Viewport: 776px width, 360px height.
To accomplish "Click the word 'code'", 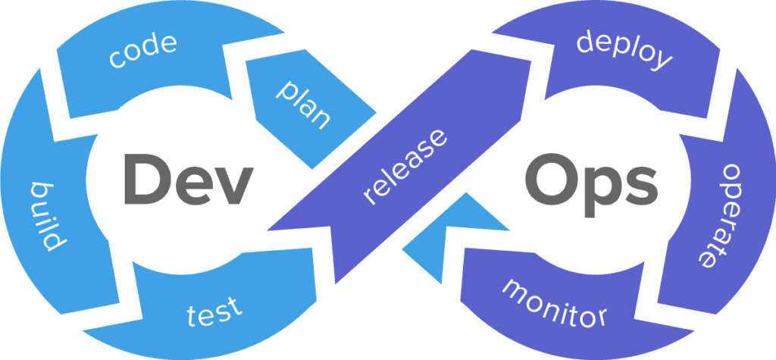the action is click(143, 50).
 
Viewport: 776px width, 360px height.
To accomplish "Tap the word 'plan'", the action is click(303, 105).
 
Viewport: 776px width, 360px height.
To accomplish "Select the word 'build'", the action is click(48, 216).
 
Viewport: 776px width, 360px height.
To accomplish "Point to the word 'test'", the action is click(215, 311).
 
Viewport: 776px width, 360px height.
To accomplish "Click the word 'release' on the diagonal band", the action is click(405, 166).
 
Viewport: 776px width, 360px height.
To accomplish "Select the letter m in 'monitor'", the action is click(517, 289).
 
